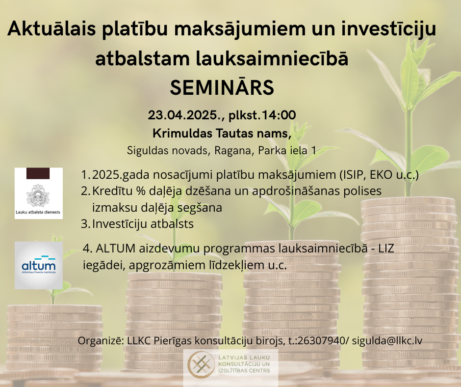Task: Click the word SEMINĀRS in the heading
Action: [222, 87]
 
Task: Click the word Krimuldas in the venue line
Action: [182, 133]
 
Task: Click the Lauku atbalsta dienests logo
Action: [39, 193]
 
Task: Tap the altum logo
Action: [39, 265]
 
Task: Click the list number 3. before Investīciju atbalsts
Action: [85, 224]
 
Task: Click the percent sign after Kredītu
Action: [141, 191]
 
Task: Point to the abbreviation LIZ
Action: [386, 249]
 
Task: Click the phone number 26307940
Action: [321, 341]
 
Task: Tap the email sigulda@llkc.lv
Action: [387, 341]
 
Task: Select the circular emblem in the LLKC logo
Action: [201, 364]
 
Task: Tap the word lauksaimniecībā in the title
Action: [272, 58]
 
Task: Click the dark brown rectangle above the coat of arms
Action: [38, 173]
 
